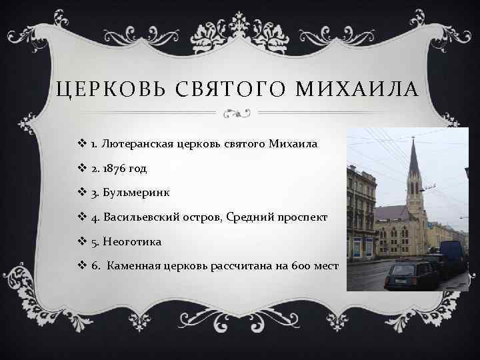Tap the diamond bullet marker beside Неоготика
pos(83,241)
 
